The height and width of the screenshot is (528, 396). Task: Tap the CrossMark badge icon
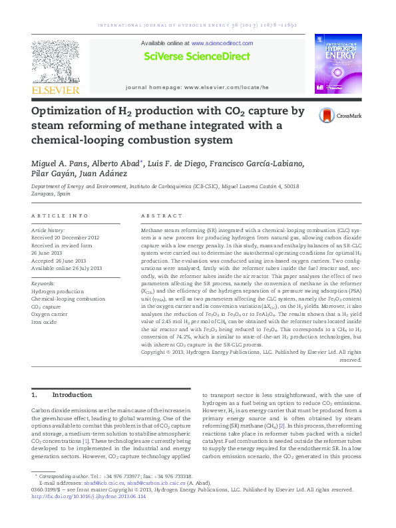pos(326,115)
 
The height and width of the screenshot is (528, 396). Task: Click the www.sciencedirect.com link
pos(220,43)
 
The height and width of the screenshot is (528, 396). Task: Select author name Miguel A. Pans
pos(60,164)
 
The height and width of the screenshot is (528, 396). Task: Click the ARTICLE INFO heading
pos(60,216)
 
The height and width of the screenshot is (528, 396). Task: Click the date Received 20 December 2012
pos(65,237)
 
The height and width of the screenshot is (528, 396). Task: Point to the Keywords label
pos(43,284)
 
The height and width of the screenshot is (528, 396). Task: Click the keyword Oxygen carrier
pos(51,315)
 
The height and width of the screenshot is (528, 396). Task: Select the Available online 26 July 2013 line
pos(67,269)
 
